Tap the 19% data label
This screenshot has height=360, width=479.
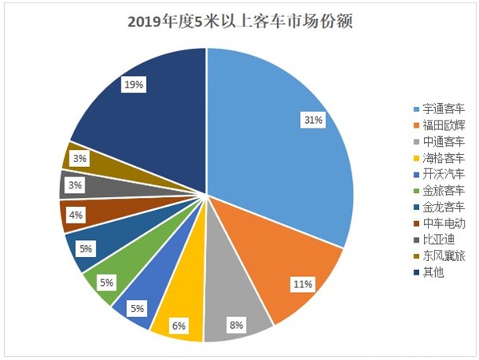click(133, 82)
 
